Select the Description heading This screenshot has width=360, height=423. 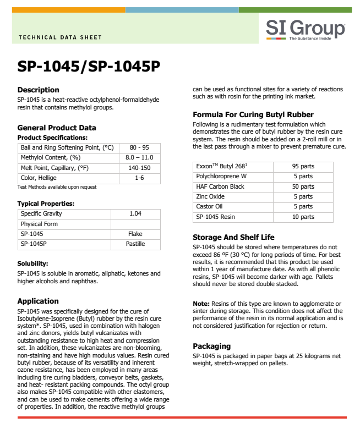tap(38, 90)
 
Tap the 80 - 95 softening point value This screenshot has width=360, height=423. tap(139, 148)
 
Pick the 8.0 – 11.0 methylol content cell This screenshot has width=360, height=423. tap(139, 158)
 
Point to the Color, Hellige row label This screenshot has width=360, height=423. tap(39, 178)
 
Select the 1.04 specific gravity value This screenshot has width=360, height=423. tap(135, 213)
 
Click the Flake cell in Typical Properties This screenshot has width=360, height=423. tap(135, 234)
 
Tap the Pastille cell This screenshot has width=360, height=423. tap(135, 243)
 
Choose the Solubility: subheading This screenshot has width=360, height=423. tap(32, 263)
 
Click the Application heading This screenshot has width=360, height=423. tap(38, 301)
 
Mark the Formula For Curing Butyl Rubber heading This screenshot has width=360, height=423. tap(253, 115)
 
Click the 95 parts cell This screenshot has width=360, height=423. tap(303, 166)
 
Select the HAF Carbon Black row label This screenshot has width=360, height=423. tap(220, 186)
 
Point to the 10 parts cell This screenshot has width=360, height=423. tap(303, 217)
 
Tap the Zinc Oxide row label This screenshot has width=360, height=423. tap(210, 196)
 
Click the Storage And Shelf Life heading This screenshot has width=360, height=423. tap(233, 237)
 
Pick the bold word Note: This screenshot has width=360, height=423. tap(201, 304)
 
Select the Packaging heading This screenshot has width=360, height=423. tap(212, 346)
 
